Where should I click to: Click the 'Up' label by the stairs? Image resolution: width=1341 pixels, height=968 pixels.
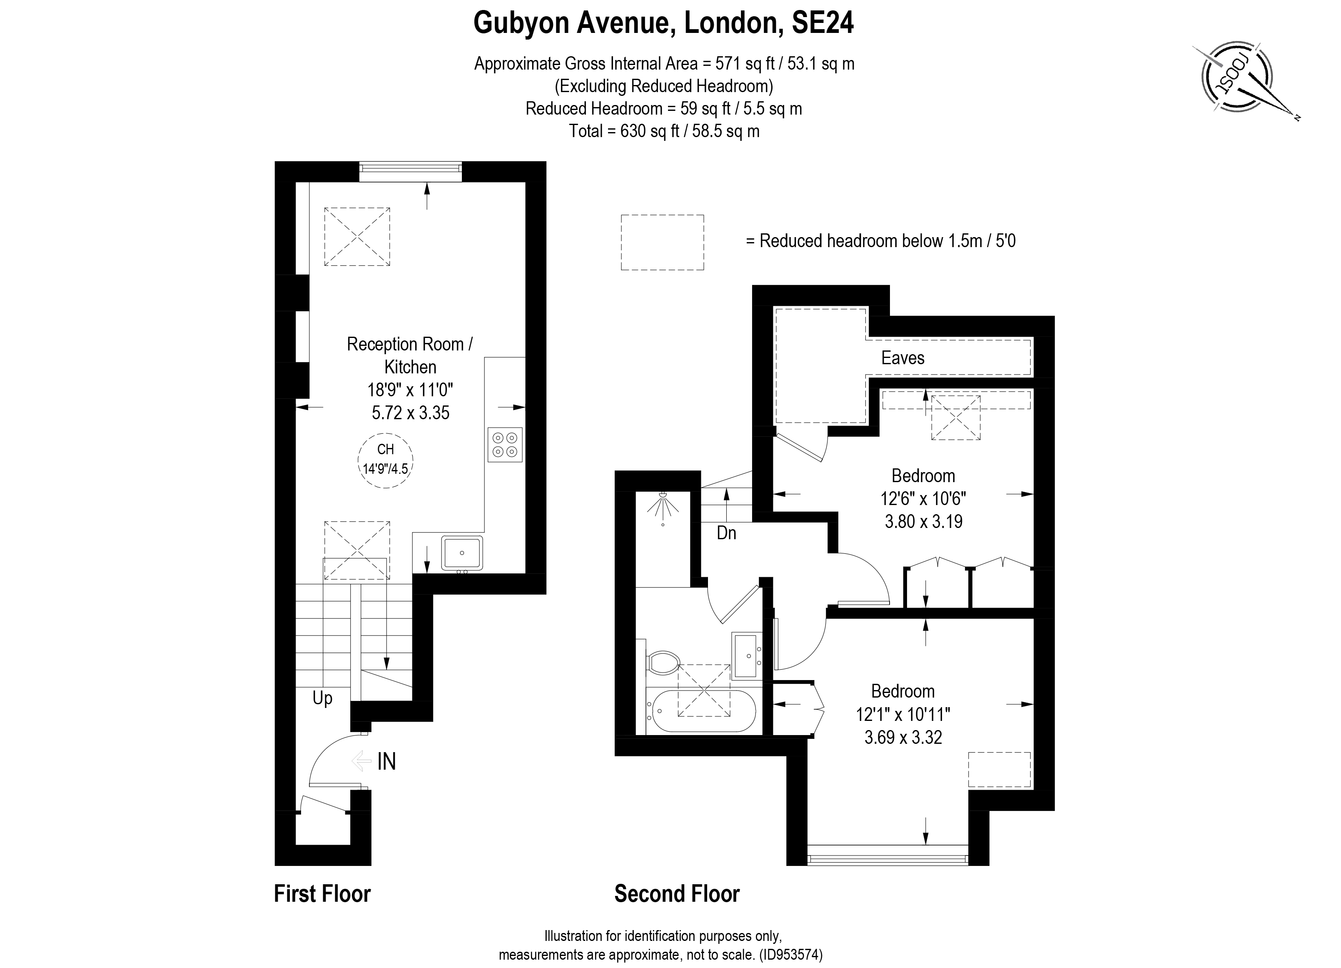coord(322,698)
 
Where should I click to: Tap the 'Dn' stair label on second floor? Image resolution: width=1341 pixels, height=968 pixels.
coord(726,533)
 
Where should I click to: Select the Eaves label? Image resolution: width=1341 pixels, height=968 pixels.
coord(902,358)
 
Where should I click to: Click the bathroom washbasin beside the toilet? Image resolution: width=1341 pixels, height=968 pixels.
coord(748,655)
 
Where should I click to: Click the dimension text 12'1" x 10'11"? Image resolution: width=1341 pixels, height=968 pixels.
coord(902,715)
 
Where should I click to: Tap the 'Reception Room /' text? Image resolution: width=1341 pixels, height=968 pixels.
coord(409,344)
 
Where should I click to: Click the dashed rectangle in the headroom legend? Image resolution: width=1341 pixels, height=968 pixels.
coord(662,243)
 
